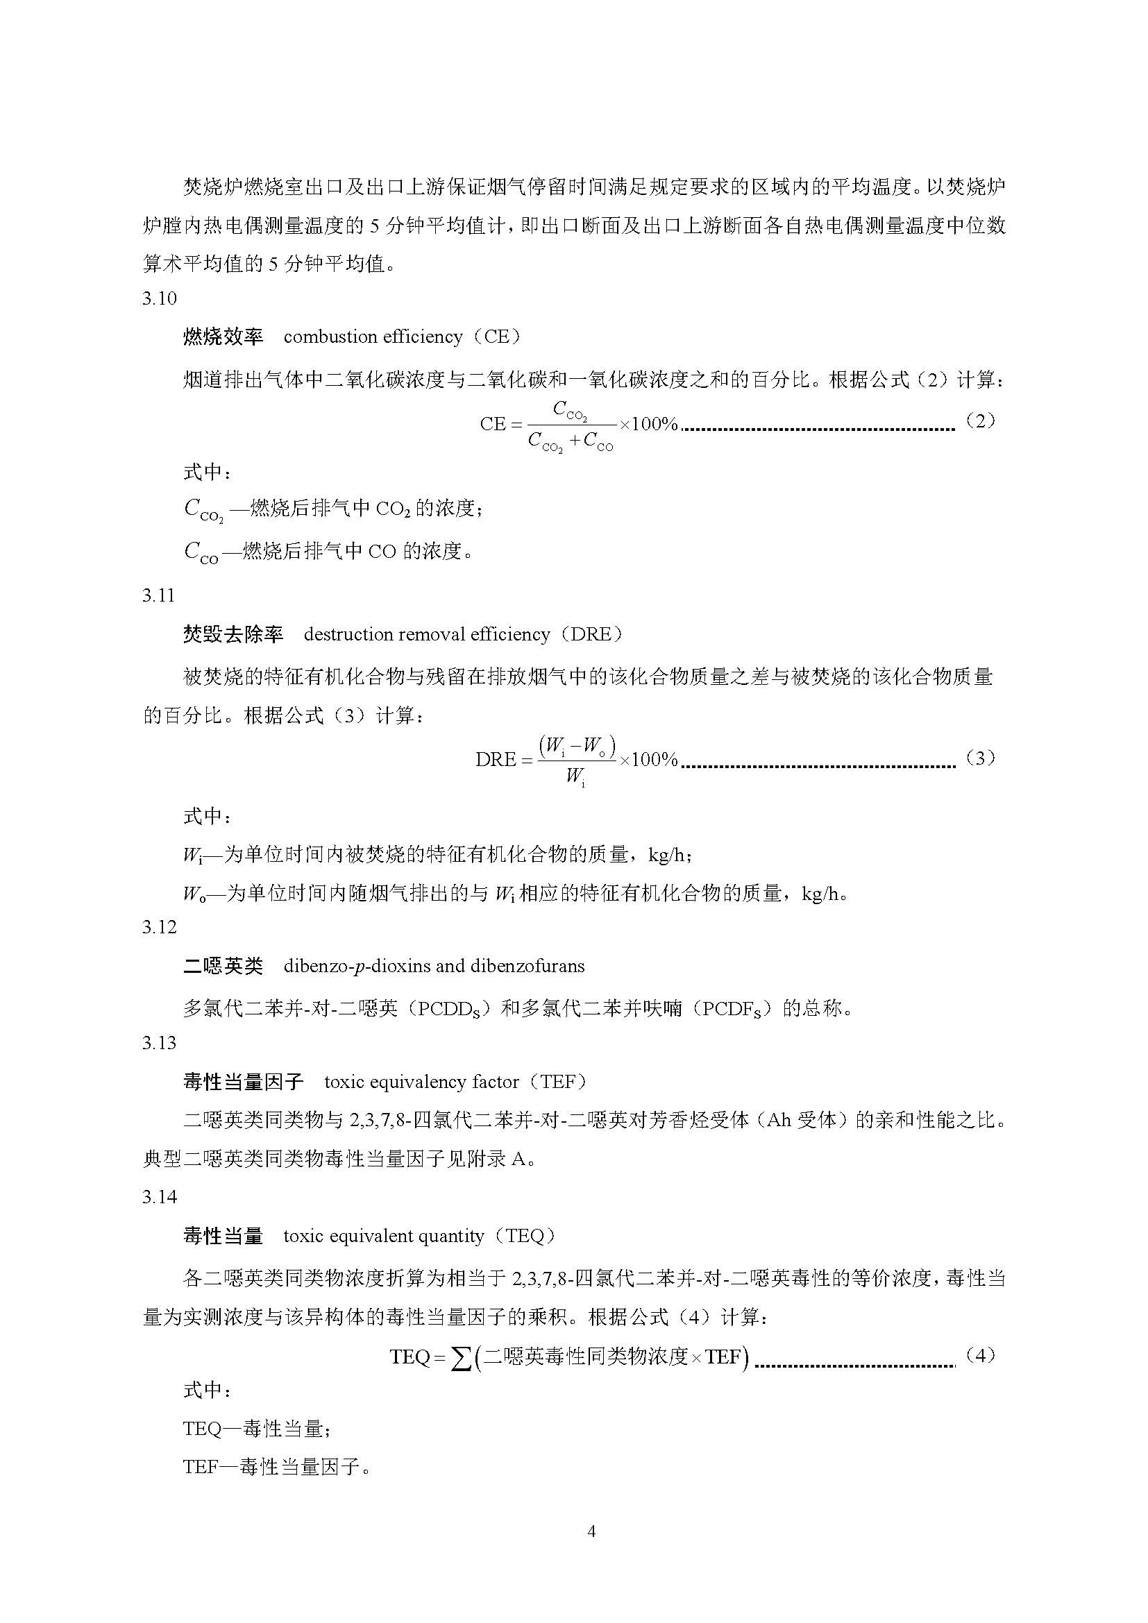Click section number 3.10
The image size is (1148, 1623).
click(159, 299)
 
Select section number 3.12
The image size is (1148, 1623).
click(159, 928)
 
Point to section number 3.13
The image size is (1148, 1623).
click(159, 1044)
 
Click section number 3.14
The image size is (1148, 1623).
click(159, 1197)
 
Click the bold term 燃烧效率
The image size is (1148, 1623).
click(223, 337)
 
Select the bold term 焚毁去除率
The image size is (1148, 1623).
click(233, 635)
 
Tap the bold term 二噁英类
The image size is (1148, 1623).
click(223, 967)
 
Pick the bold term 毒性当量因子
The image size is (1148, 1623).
click(242, 1082)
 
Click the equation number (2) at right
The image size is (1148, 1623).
click(980, 421)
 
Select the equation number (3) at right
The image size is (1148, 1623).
click(980, 758)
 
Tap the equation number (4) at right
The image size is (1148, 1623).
click(980, 1355)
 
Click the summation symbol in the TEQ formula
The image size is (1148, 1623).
click(461, 1357)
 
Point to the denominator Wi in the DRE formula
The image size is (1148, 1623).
click(575, 777)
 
